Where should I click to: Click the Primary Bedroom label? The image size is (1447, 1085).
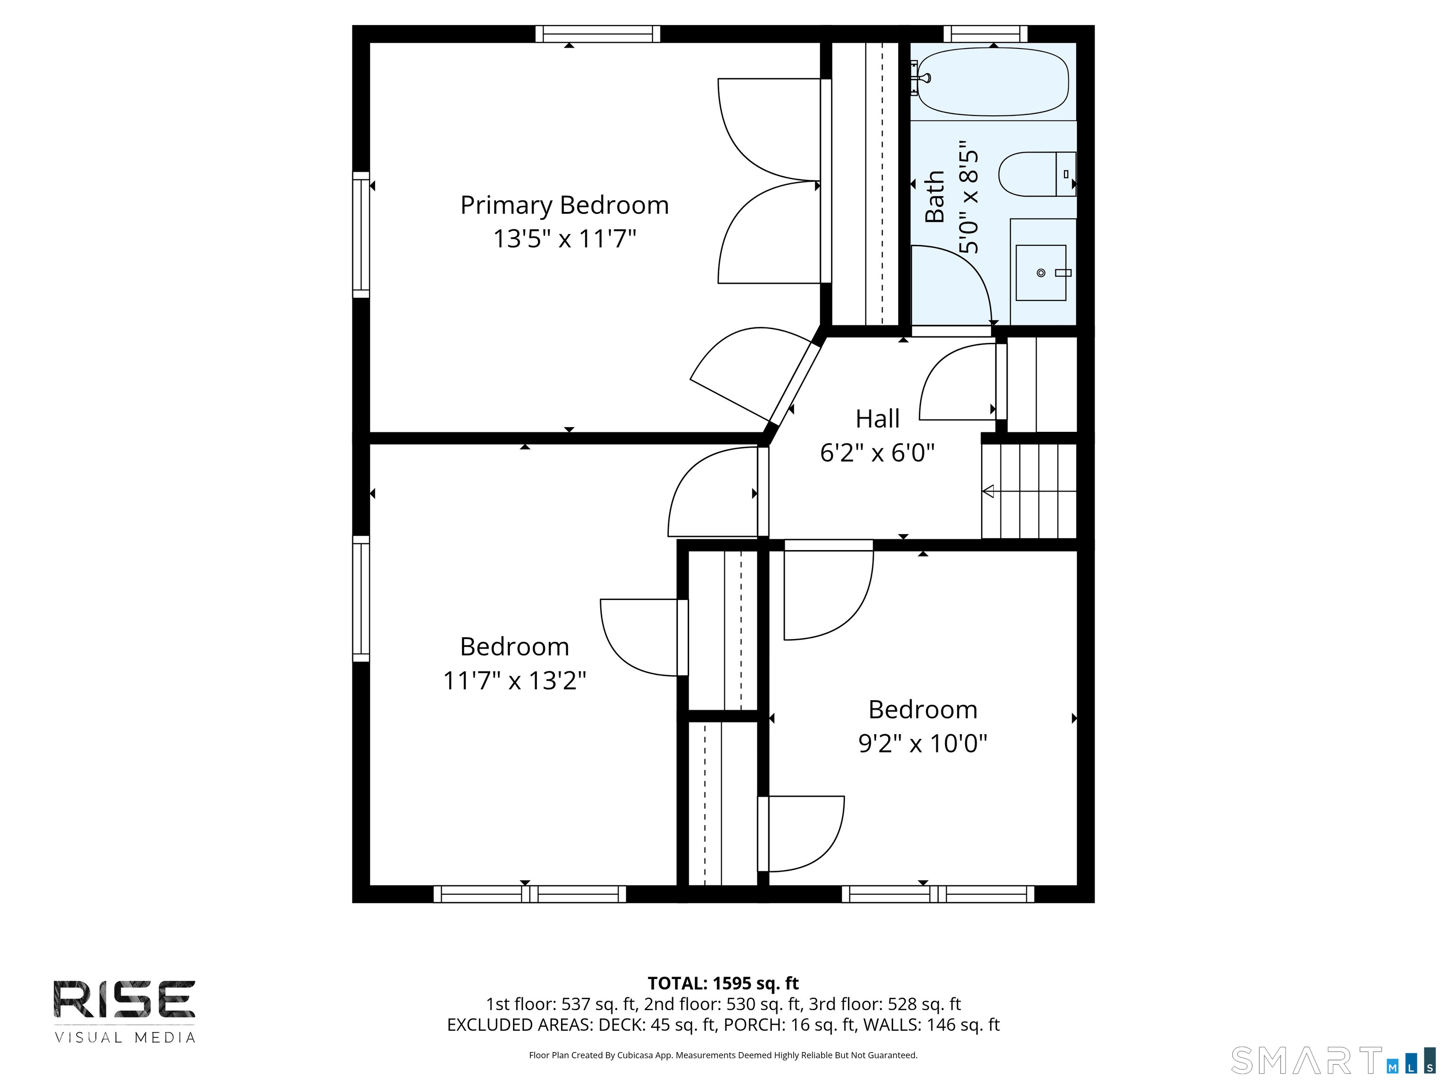[x=565, y=205]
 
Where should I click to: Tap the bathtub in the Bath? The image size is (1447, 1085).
[x=993, y=82]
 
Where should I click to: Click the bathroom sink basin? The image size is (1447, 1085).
[x=1041, y=273]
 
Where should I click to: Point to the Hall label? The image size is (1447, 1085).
[x=877, y=419]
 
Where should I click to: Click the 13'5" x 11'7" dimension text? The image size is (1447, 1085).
[x=565, y=238]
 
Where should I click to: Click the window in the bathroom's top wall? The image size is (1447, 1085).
[x=985, y=34]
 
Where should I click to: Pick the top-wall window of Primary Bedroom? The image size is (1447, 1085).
[x=597, y=34]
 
